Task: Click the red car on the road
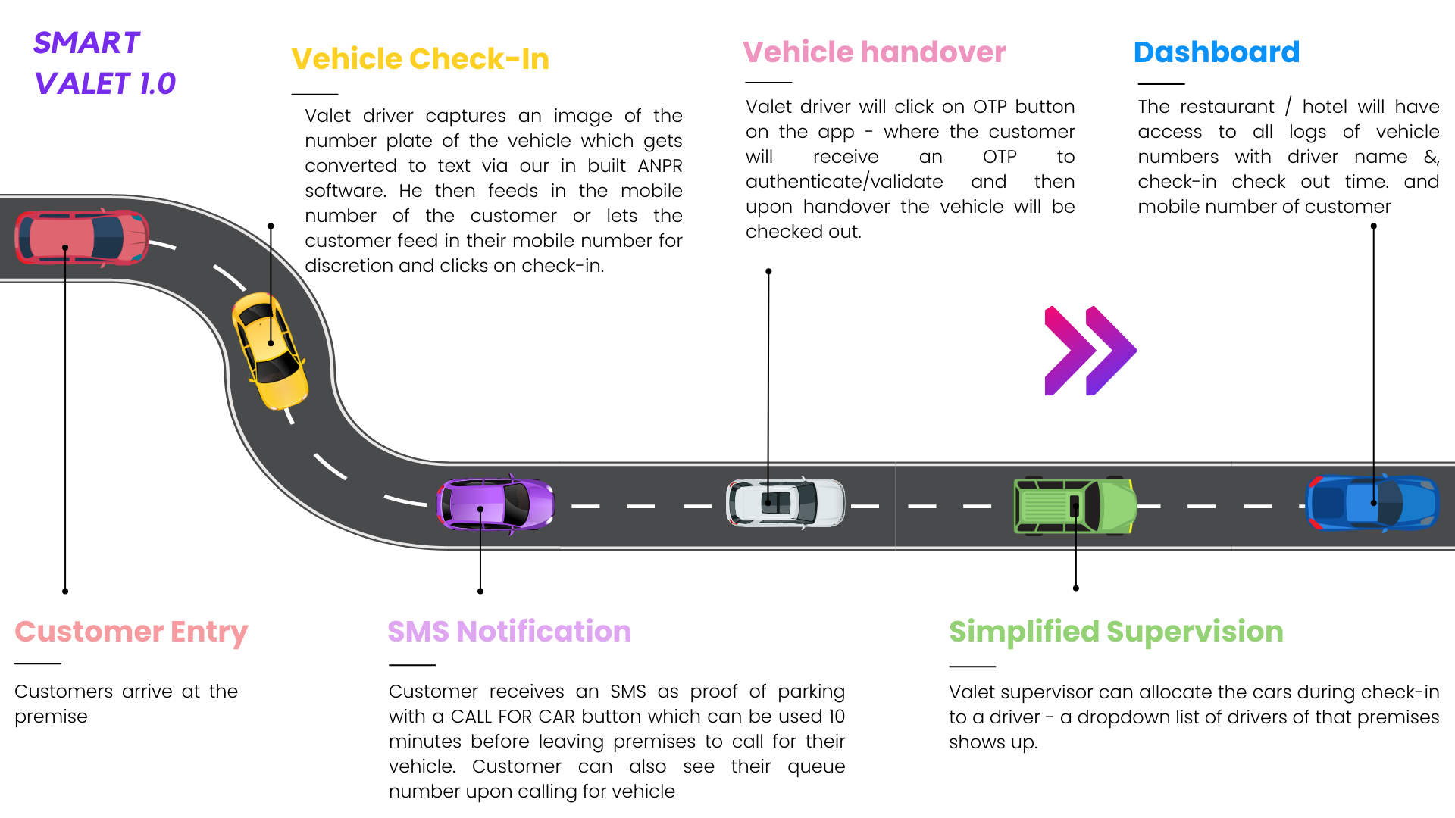[82, 238]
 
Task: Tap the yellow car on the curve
[270, 350]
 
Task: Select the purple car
[496, 504]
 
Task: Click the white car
[785, 503]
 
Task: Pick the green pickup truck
[1075, 506]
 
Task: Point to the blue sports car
[1372, 503]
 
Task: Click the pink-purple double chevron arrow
[1090, 351]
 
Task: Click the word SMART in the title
[87, 43]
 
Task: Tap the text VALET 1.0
[105, 84]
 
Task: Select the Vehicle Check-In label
[420, 59]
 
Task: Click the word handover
[933, 52]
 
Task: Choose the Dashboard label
[1216, 52]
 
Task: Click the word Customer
[89, 632]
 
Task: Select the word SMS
[418, 632]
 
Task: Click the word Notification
[543, 632]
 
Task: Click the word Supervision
[1194, 632]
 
